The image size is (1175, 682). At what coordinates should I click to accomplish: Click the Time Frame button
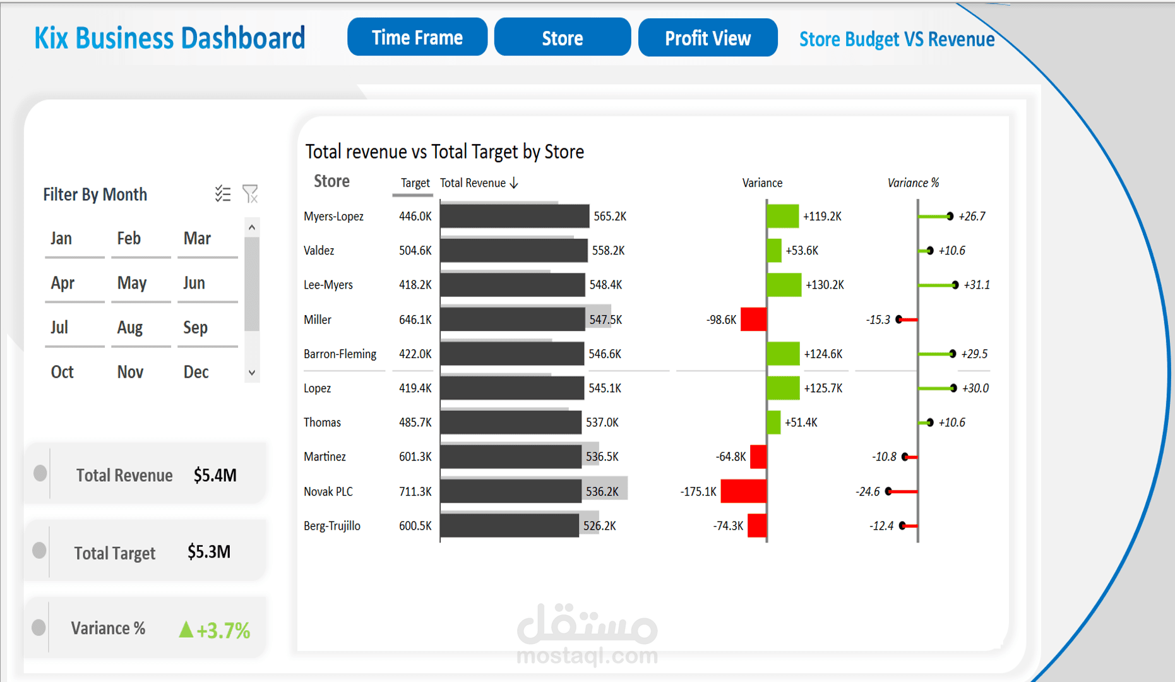click(x=417, y=38)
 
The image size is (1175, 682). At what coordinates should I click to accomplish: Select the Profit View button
click(x=707, y=38)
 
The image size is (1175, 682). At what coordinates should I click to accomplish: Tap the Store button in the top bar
click(x=562, y=38)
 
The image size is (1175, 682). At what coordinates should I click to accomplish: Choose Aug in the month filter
click(x=130, y=327)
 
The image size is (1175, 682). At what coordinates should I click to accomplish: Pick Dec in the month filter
click(x=196, y=372)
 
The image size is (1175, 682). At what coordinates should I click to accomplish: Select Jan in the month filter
click(x=61, y=238)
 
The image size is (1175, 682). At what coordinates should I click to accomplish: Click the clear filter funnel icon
click(x=251, y=194)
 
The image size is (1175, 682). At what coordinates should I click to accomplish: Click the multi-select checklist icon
click(x=223, y=194)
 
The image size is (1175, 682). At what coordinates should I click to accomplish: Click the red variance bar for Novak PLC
click(x=744, y=491)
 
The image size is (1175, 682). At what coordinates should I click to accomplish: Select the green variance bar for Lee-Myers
click(x=784, y=285)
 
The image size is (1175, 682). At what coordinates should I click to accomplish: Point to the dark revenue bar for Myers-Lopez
click(x=514, y=217)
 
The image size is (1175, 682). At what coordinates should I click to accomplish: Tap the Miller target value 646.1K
click(x=415, y=320)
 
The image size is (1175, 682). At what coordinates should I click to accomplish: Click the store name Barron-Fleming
click(x=340, y=354)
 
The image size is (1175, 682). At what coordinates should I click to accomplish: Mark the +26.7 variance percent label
click(x=972, y=217)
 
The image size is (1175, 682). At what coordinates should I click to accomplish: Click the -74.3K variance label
click(x=728, y=526)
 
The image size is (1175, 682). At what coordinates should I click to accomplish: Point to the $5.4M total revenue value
click(x=215, y=475)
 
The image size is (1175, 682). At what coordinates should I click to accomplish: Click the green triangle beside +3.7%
click(x=186, y=630)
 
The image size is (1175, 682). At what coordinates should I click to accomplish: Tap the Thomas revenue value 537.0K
click(x=602, y=422)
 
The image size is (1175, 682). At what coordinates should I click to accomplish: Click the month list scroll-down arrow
click(x=252, y=373)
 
